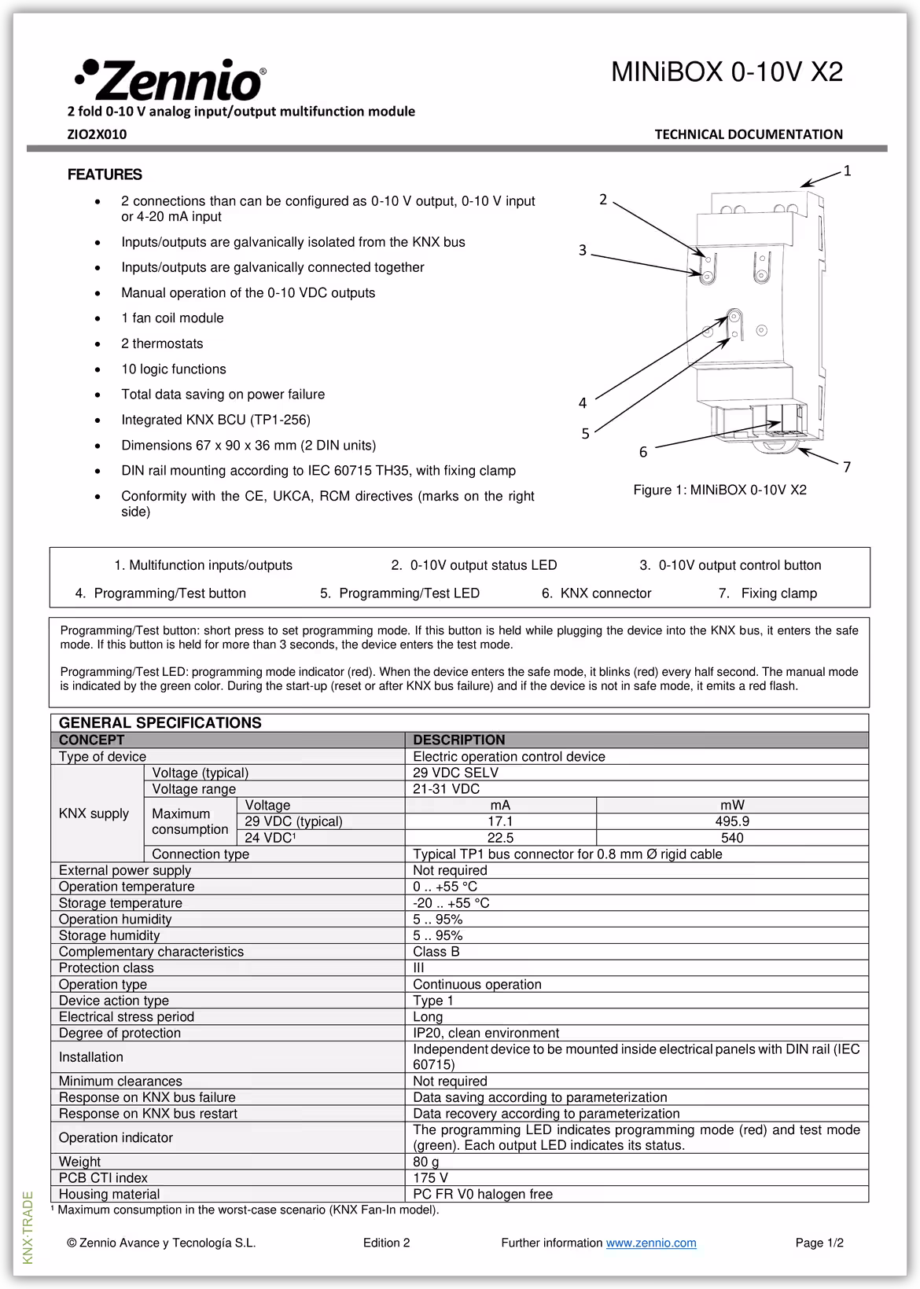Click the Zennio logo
tap(170, 79)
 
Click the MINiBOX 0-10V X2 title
tap(727, 72)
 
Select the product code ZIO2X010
tap(97, 134)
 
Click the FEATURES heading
tap(105, 174)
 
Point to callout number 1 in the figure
tap(847, 171)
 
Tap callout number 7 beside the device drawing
tap(847, 468)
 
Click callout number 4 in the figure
tap(583, 403)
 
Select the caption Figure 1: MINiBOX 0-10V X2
tap(719, 490)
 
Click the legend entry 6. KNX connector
tap(596, 593)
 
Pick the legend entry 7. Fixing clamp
tap(767, 593)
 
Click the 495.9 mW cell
tap(732, 821)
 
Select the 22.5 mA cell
tap(500, 838)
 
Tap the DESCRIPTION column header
tap(459, 740)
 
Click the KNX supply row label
tap(94, 813)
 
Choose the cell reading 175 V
tap(430, 1178)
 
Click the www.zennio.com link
tap(651, 1243)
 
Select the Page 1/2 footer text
tap(819, 1243)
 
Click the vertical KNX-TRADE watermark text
tap(28, 1228)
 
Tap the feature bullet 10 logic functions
tap(173, 369)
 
